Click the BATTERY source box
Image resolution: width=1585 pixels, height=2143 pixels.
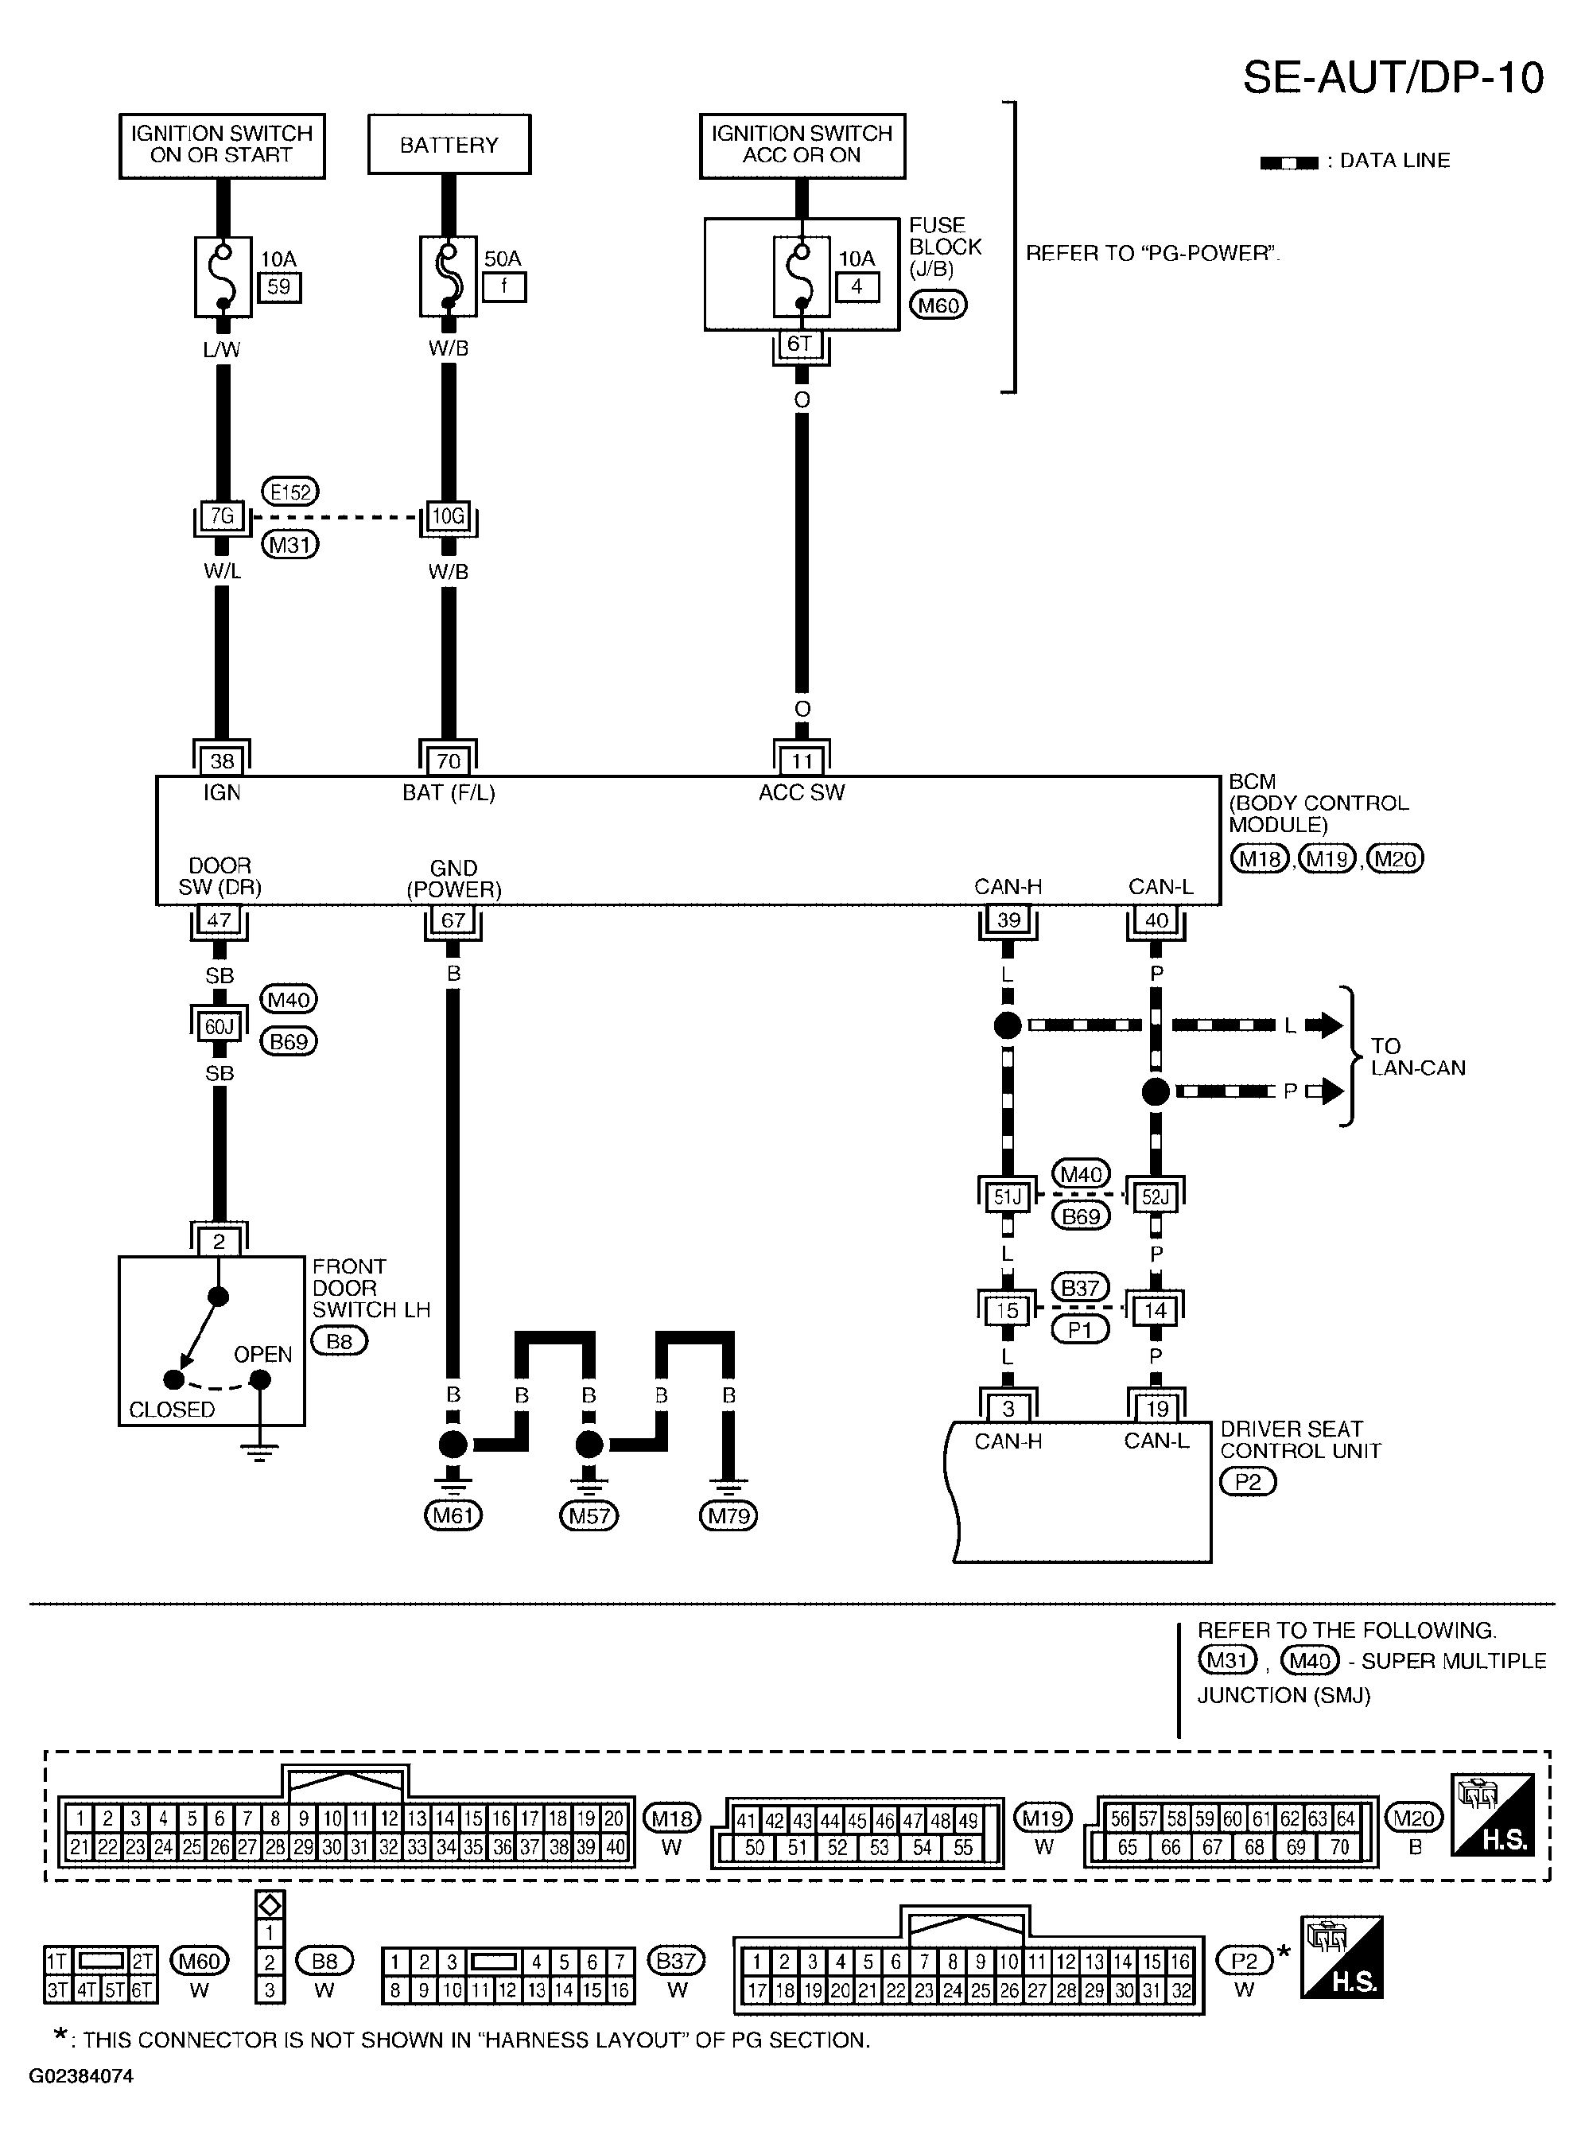tap(449, 145)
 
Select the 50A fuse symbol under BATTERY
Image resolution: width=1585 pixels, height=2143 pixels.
tap(448, 276)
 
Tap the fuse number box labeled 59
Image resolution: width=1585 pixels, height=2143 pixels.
tap(278, 287)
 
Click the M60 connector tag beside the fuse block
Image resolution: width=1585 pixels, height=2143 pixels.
tap(938, 305)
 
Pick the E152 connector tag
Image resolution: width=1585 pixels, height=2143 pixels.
tap(289, 492)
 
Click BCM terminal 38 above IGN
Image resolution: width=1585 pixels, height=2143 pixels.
tap(222, 761)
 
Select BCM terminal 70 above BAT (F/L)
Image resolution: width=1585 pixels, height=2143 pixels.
tap(448, 761)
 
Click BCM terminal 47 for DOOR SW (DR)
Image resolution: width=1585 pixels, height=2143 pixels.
tap(219, 920)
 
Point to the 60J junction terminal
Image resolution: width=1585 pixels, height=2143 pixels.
tap(219, 1027)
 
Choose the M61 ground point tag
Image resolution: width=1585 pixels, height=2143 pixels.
tap(453, 1515)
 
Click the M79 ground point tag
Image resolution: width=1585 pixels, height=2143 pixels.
tap(729, 1515)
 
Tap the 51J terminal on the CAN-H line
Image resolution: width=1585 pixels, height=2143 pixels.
tap(1008, 1196)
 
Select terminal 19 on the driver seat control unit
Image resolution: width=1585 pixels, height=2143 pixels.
tap(1157, 1408)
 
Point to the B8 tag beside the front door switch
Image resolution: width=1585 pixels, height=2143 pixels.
tap(340, 1340)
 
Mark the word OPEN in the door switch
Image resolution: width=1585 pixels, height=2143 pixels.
tap(263, 1354)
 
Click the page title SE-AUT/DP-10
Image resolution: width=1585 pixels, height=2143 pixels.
tap(1393, 78)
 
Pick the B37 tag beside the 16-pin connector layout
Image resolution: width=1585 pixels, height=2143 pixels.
tap(677, 1960)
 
